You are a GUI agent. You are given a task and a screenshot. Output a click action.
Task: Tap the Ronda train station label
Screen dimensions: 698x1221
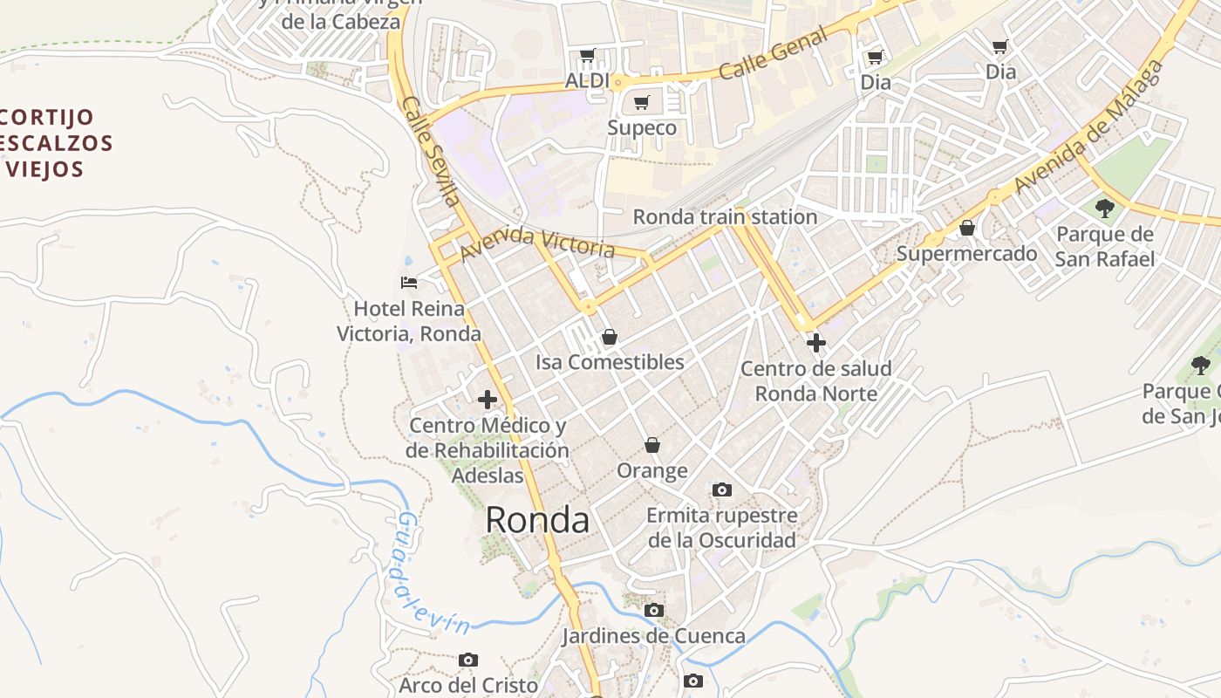click(x=725, y=217)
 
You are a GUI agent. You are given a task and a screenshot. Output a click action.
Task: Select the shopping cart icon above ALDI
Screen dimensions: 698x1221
click(x=587, y=56)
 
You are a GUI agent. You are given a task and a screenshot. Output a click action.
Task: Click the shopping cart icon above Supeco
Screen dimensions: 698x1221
click(x=642, y=103)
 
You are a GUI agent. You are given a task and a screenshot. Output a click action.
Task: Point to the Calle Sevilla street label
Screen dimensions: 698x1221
click(x=432, y=151)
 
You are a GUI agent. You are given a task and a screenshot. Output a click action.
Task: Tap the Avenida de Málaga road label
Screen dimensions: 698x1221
click(x=1090, y=127)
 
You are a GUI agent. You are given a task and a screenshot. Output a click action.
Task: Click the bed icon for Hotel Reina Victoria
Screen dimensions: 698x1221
click(x=408, y=282)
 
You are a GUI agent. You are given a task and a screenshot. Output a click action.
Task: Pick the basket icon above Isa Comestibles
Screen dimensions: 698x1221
click(x=610, y=337)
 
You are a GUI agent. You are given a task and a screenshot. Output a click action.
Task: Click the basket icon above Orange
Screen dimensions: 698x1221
click(x=652, y=446)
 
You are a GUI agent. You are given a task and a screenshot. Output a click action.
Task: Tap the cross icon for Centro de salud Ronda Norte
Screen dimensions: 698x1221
click(x=816, y=343)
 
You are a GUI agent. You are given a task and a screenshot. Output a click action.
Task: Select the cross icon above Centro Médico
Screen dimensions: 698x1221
click(x=488, y=400)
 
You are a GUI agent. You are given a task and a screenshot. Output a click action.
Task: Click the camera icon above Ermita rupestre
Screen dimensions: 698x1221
click(x=722, y=489)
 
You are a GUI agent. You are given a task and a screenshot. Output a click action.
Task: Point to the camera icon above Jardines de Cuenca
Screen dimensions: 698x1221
click(x=653, y=610)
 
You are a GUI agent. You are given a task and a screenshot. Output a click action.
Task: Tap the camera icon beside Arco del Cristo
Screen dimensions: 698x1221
click(x=468, y=660)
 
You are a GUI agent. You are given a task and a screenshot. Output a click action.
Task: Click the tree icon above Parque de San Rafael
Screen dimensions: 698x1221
click(x=1105, y=208)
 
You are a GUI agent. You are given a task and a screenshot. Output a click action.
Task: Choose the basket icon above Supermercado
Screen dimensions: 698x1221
click(x=967, y=229)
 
